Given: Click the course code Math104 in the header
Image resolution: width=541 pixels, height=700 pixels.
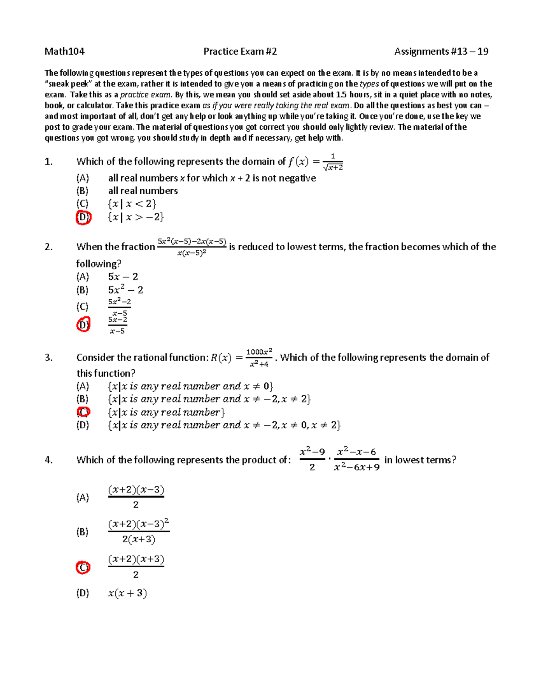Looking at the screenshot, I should pyautogui.click(x=64, y=51).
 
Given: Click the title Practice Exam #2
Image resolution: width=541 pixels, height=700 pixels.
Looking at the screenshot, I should pyautogui.click(x=240, y=51).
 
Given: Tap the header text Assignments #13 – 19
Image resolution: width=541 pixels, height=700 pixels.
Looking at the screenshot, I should pyautogui.click(x=441, y=51).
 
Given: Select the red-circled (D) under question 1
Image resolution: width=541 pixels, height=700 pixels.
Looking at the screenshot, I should pyautogui.click(x=83, y=217).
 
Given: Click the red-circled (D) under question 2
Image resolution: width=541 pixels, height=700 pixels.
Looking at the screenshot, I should pyautogui.click(x=83, y=324).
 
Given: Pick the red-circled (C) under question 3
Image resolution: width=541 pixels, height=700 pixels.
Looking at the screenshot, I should pyautogui.click(x=83, y=412).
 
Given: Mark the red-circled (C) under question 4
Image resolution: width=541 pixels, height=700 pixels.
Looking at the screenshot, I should pyautogui.click(x=83, y=567).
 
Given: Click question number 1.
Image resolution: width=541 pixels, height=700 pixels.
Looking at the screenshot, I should pyautogui.click(x=49, y=161).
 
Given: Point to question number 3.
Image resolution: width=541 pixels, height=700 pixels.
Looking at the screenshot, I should pyautogui.click(x=49, y=357).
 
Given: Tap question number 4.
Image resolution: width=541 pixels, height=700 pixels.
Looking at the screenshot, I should pyautogui.click(x=49, y=460).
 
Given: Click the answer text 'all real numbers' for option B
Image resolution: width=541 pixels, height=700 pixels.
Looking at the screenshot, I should pyautogui.click(x=143, y=191).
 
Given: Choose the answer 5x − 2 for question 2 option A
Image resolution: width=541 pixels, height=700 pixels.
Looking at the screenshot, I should pyautogui.click(x=123, y=277).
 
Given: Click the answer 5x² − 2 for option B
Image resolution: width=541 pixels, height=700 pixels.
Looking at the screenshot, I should pyautogui.click(x=125, y=290).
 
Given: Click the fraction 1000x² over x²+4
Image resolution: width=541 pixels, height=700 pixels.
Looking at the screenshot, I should pyautogui.click(x=259, y=357).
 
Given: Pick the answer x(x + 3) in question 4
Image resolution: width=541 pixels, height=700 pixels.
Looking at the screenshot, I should pyautogui.click(x=128, y=593).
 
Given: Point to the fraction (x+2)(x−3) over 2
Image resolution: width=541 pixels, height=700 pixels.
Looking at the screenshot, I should pyautogui.click(x=136, y=497).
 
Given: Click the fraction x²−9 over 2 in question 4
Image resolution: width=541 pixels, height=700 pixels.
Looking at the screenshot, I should pyautogui.click(x=312, y=459).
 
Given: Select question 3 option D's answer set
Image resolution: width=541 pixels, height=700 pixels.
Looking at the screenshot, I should pyautogui.click(x=224, y=425).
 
